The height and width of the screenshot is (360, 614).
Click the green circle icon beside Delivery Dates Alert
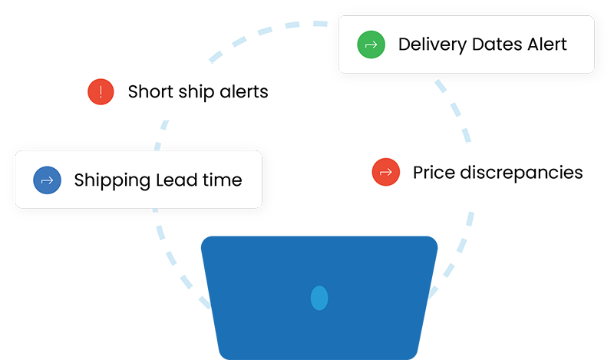tap(371, 45)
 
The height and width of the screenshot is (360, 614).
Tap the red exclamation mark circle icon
tap(101, 91)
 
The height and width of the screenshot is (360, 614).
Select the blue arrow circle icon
tap(47, 180)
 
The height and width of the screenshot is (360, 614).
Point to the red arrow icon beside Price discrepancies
tap(386, 172)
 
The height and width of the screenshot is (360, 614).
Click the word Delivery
tap(432, 45)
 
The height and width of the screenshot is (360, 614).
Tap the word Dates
tap(497, 45)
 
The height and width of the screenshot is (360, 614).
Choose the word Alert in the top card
tap(547, 45)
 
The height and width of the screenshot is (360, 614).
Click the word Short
tap(150, 91)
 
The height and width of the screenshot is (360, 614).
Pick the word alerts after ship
tap(244, 91)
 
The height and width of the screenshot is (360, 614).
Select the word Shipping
tap(112, 181)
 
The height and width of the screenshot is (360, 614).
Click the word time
tap(223, 180)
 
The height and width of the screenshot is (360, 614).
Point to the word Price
tap(434, 173)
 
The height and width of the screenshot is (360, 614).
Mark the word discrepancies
tap(522, 173)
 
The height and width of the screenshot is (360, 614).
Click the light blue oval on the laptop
tap(319, 298)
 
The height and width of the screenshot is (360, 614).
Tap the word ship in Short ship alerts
tap(196, 92)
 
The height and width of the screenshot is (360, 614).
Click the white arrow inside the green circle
tap(371, 45)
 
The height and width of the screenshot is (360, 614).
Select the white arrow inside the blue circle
tap(47, 180)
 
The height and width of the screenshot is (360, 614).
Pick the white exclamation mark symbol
tap(101, 91)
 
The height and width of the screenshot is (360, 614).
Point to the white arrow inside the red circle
tap(386, 173)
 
